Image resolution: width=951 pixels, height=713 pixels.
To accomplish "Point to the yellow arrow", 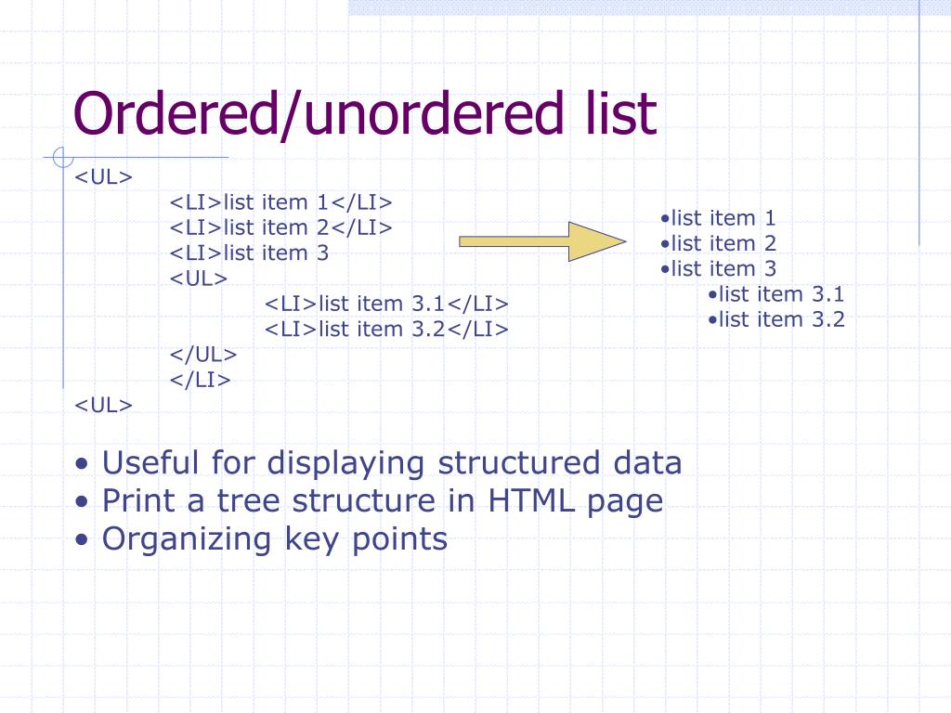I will point(542,241).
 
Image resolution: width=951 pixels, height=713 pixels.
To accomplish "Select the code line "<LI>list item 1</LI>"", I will point(281,202).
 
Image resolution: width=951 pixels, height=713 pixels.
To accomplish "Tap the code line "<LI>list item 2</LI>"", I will point(281,227).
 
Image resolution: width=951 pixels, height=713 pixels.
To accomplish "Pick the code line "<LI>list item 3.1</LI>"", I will point(387,304).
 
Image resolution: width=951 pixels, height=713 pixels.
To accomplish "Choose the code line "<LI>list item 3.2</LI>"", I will point(387,329).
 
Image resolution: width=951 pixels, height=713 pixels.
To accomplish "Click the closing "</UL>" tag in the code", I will point(203,355).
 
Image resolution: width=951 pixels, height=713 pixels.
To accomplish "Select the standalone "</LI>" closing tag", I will point(200,380).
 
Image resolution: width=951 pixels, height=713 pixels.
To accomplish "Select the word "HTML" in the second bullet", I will point(532,500).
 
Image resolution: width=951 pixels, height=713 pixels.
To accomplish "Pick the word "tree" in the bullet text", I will point(249,501).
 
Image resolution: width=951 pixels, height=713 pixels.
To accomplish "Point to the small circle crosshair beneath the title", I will point(62,158).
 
